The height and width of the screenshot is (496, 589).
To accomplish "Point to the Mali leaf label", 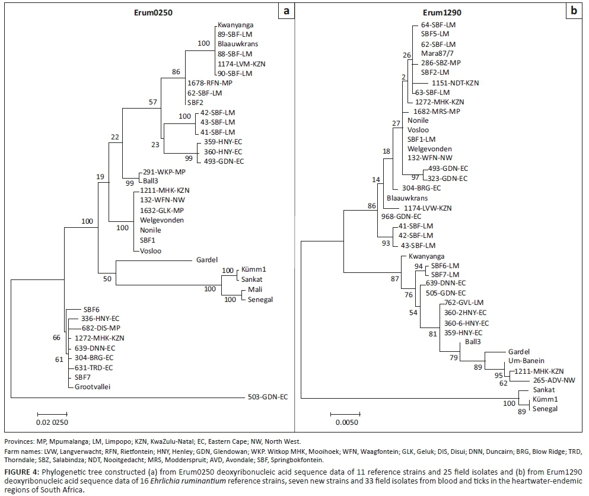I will coord(249,291).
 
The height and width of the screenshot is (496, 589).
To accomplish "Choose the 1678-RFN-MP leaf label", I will coord(210,82).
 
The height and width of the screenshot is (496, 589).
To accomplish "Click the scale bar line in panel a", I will coord(52,414).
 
